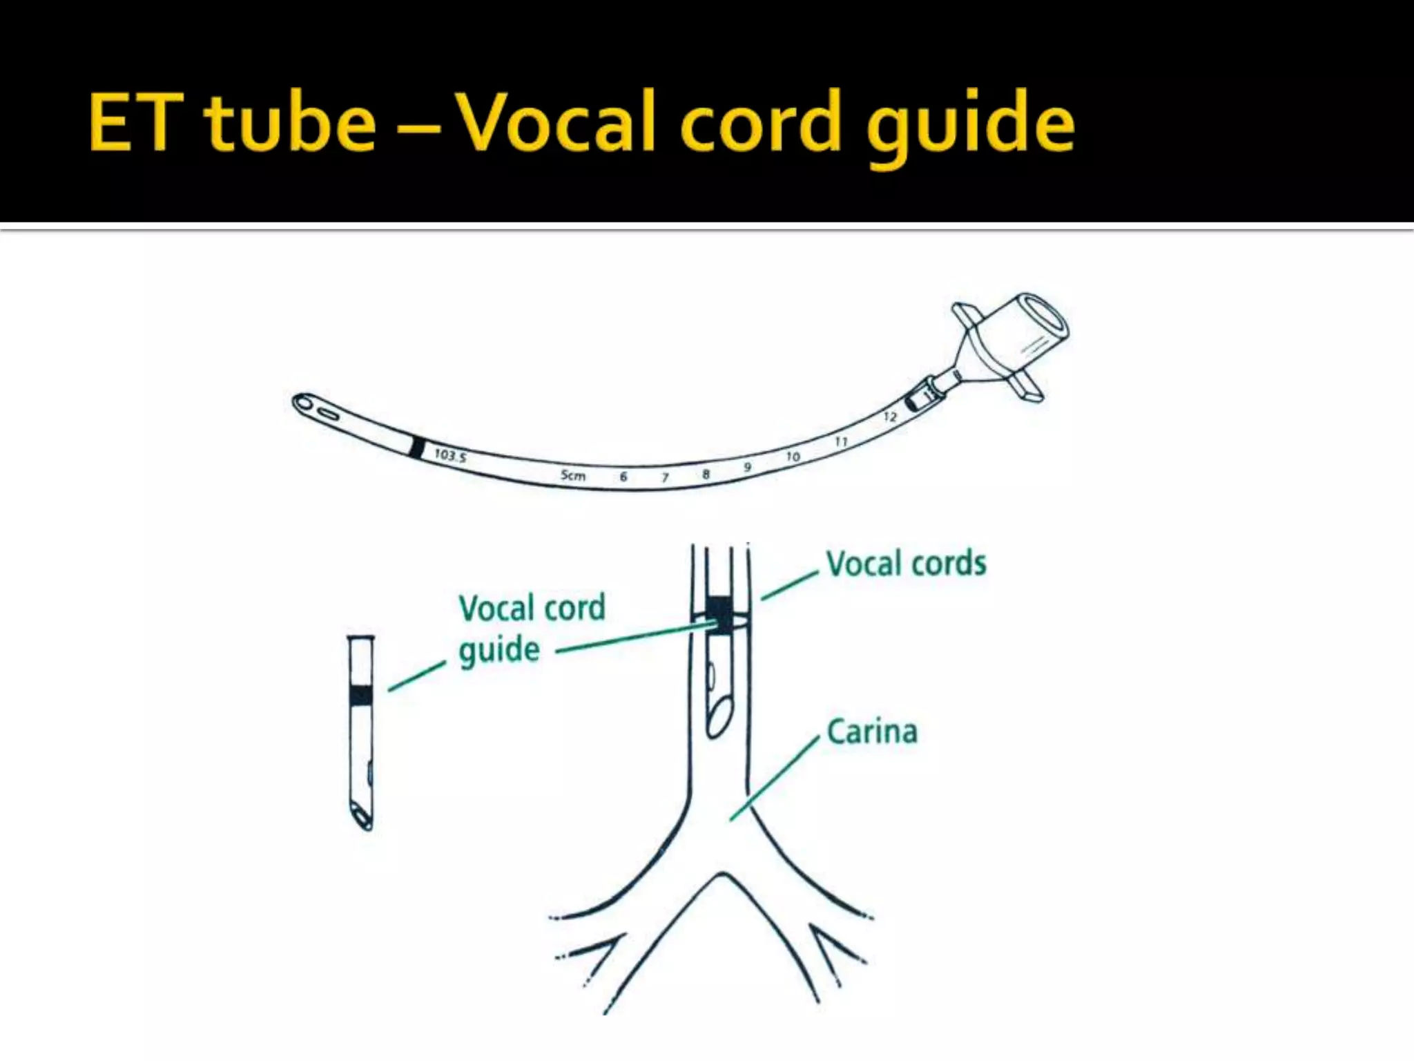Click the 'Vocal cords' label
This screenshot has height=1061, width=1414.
(906, 564)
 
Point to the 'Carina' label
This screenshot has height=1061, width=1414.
(872, 732)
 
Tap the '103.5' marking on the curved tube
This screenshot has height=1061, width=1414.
(450, 455)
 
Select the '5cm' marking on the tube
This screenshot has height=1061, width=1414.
(573, 475)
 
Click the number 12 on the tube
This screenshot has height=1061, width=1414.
(890, 417)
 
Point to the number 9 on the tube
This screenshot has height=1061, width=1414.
(748, 468)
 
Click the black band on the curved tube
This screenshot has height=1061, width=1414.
(416, 448)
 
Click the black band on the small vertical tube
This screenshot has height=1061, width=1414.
(360, 695)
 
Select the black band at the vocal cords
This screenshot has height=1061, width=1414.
(720, 614)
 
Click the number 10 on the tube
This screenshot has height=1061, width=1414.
(793, 457)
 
